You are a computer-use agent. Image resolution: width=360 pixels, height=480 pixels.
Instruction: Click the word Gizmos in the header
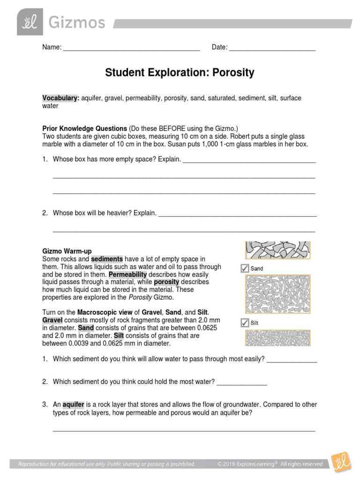(x=77, y=22)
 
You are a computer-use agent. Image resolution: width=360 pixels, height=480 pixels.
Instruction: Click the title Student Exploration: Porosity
(x=180, y=73)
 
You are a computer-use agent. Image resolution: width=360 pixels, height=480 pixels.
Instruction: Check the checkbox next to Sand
(x=244, y=269)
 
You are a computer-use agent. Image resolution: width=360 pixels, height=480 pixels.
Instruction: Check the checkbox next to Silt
(x=244, y=323)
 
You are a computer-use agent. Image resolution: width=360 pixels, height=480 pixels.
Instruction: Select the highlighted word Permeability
(x=128, y=274)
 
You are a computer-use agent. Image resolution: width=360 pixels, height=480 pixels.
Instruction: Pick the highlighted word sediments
(x=107, y=259)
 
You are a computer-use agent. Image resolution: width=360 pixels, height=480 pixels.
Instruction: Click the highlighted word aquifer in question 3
(x=74, y=405)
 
